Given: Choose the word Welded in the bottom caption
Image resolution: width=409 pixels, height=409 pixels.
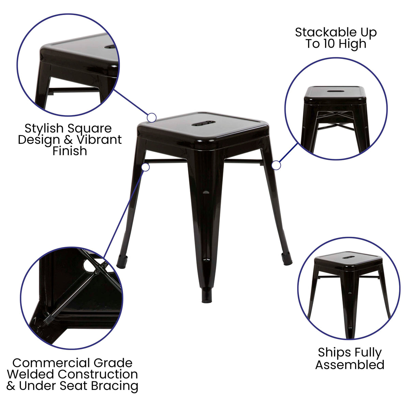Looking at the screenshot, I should coord(31,374).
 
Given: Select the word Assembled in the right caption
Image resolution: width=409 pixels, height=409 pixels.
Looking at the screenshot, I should coord(350,365).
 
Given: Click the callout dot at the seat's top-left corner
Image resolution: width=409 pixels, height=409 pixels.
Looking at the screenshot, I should coord(152,118).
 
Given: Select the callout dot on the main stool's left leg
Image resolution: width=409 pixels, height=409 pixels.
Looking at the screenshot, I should coord(146,167).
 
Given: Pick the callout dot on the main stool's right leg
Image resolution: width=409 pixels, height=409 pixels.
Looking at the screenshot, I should coord(276,166).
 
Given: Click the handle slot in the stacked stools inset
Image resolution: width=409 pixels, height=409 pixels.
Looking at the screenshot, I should coord(335,91).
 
